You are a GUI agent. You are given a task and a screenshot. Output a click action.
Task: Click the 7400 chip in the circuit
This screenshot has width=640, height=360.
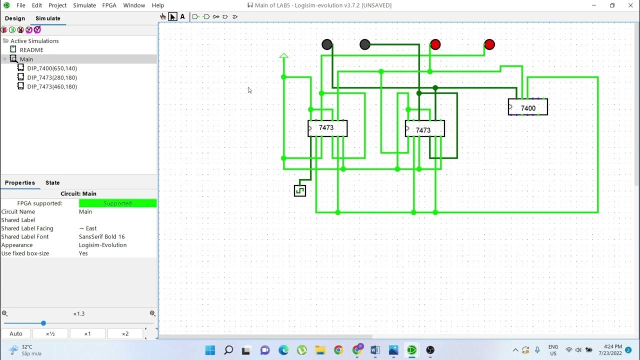click(x=528, y=107)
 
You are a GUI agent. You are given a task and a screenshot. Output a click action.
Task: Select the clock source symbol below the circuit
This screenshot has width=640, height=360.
click(x=300, y=190)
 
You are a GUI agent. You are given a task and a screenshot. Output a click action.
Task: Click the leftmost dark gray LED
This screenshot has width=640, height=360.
click(x=327, y=44)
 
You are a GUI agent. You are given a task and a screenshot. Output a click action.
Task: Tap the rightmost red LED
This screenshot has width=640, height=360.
click(x=489, y=44)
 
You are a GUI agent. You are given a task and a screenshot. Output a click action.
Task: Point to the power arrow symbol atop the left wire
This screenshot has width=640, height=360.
click(x=283, y=55)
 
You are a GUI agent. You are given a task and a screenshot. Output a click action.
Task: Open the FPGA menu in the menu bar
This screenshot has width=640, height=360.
click(x=109, y=5)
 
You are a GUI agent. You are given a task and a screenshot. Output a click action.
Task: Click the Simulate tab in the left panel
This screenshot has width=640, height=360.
click(x=48, y=18)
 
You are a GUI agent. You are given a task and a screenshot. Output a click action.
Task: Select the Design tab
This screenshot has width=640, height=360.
click(x=15, y=18)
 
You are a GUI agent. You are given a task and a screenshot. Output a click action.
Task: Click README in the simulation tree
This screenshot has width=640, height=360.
click(x=31, y=50)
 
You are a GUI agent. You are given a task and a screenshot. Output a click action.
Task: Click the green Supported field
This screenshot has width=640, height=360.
click(x=117, y=203)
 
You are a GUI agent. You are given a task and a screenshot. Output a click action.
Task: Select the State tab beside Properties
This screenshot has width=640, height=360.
click(x=52, y=183)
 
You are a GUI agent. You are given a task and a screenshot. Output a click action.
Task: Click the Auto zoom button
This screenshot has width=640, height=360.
click(x=16, y=334)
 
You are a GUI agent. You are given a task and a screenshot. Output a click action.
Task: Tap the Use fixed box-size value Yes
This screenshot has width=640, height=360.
click(x=83, y=253)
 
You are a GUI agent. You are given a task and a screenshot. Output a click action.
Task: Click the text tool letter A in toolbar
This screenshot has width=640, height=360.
click(x=182, y=16)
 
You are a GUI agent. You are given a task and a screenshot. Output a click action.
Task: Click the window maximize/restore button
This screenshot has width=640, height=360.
click(x=612, y=5)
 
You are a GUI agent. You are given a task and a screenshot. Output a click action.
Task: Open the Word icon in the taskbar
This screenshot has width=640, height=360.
click(x=375, y=350)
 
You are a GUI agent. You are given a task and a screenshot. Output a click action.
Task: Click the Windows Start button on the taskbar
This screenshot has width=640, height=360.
click(x=210, y=350)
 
